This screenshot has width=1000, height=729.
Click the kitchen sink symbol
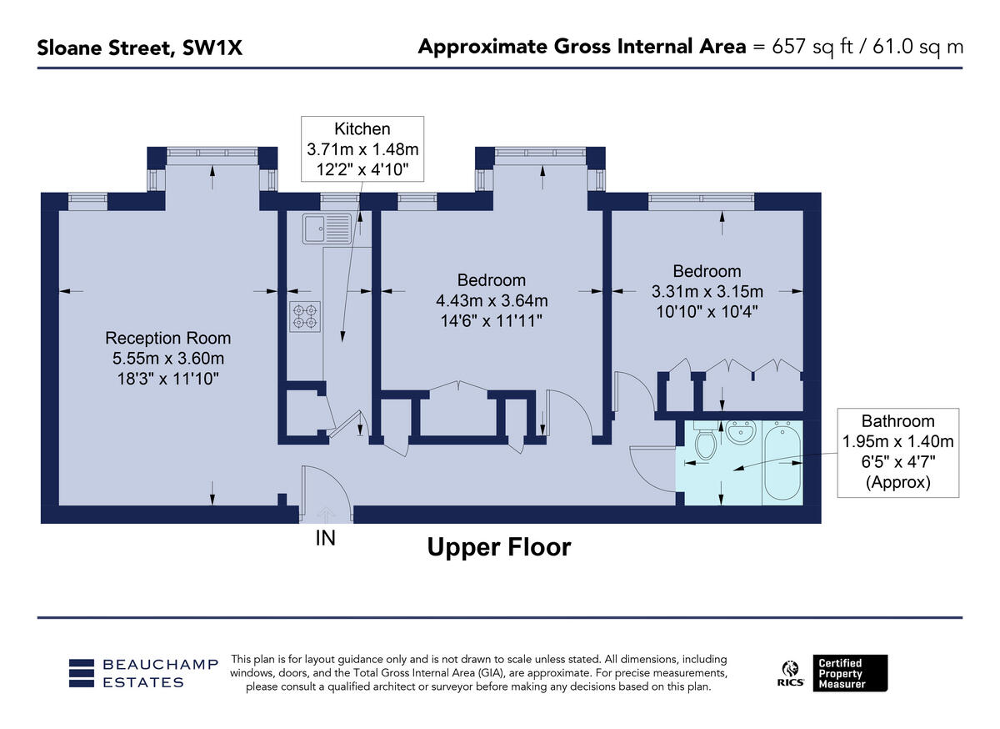[327, 228]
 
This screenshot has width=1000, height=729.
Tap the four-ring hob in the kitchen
[304, 316]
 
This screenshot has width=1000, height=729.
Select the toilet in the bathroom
[705, 442]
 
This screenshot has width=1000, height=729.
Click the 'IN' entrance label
[325, 539]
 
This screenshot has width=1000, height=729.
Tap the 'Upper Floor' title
[498, 547]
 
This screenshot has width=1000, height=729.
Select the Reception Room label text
[167, 339]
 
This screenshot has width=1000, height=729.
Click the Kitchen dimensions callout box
[362, 149]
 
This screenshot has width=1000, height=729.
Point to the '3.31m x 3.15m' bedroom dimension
[707, 291]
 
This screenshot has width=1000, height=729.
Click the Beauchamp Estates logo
[142, 673]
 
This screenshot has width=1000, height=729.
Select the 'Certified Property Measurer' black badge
[850, 673]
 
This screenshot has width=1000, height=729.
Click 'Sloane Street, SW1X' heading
[139, 48]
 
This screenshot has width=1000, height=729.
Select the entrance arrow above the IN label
[325, 515]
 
